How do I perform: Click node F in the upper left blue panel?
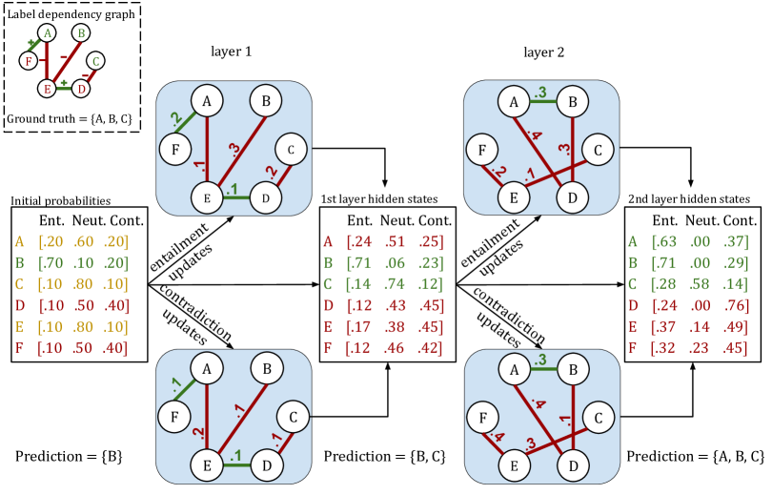click(175, 149)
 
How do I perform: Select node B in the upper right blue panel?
click(573, 101)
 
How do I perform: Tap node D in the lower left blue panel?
click(266, 465)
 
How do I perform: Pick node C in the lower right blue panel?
click(599, 419)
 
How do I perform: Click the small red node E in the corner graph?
click(46, 89)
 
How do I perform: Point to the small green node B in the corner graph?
click(81, 33)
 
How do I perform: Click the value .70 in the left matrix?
click(51, 263)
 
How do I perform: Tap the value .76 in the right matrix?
click(734, 306)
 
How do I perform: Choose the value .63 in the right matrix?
click(665, 242)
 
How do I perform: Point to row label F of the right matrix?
click(633, 348)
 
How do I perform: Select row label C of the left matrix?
click(20, 284)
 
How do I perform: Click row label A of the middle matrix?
click(329, 242)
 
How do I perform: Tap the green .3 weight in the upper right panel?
click(541, 93)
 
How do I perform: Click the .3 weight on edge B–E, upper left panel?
click(234, 150)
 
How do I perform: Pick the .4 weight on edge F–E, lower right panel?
click(496, 437)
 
